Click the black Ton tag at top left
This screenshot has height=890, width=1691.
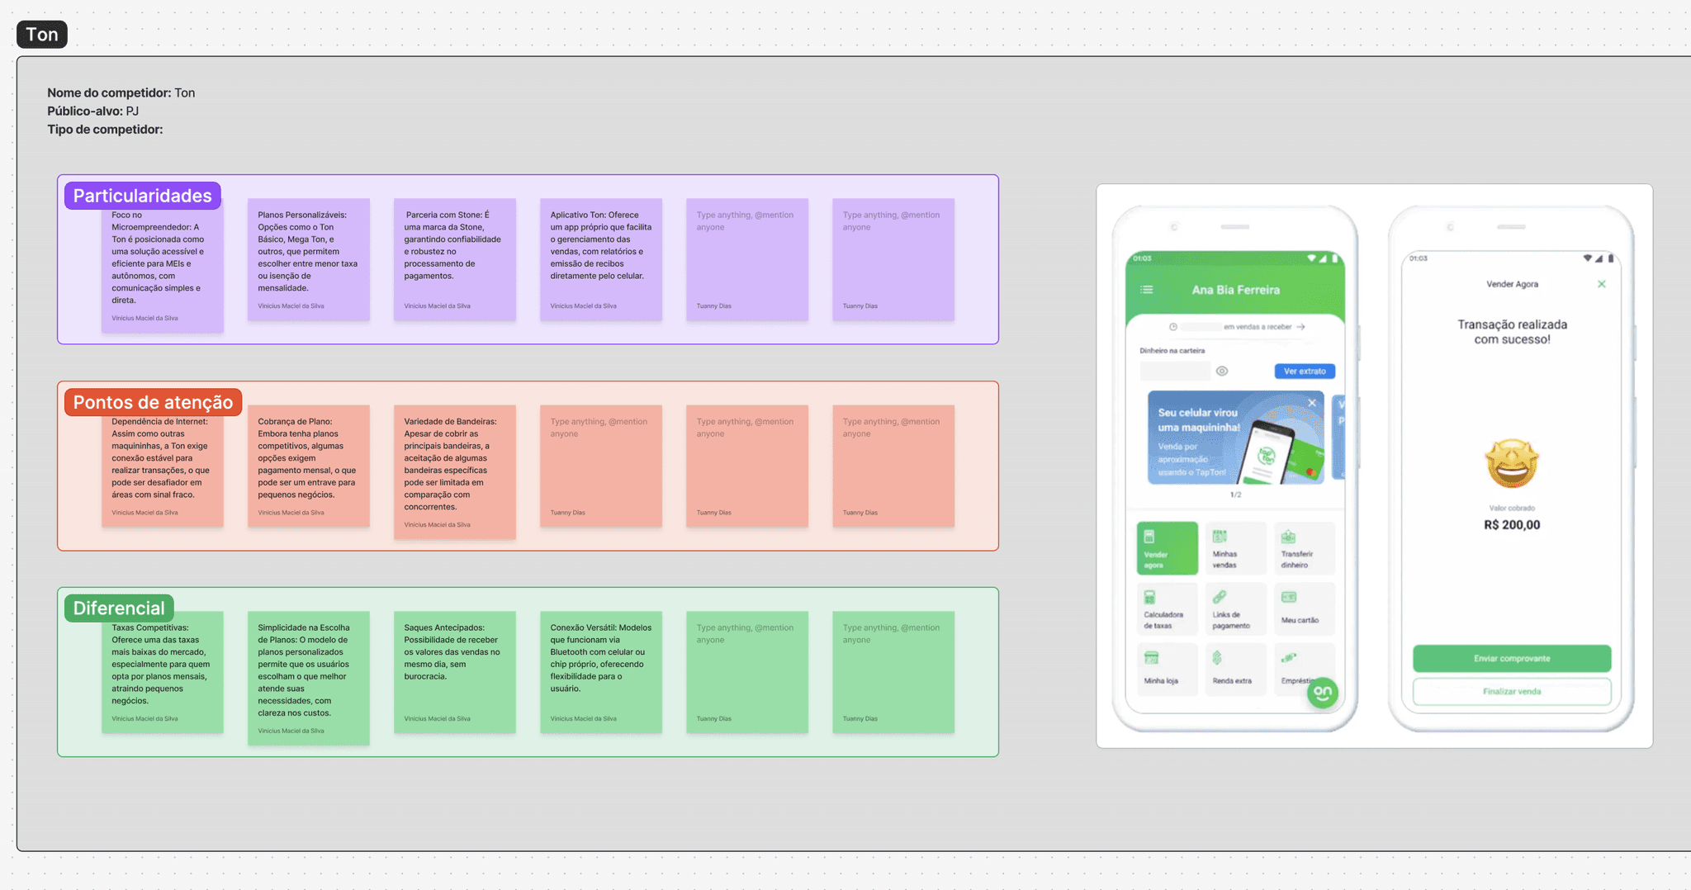click(x=42, y=35)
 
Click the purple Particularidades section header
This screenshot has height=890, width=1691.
click(x=142, y=196)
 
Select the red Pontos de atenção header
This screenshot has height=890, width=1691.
click(x=153, y=402)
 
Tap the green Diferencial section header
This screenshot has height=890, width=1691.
click(x=119, y=608)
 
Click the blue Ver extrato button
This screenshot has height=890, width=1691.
click(x=1304, y=372)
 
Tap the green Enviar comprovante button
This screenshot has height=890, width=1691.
click(x=1511, y=659)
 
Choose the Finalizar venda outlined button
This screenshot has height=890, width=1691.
click(x=1511, y=692)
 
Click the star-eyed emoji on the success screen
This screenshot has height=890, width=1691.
click(x=1512, y=463)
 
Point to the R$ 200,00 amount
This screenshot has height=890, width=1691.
click(x=1512, y=525)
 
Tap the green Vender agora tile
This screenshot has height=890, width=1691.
click(x=1167, y=548)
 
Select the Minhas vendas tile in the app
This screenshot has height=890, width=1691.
click(x=1234, y=548)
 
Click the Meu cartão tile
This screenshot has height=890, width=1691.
click(x=1303, y=608)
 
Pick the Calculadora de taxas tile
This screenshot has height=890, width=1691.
click(x=1166, y=608)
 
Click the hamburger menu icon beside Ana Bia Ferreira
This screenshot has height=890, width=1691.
click(x=1147, y=290)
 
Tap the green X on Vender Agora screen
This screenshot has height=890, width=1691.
click(x=1602, y=284)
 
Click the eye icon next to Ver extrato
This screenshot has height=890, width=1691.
click(x=1222, y=372)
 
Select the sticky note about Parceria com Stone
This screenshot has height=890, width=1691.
click(x=455, y=259)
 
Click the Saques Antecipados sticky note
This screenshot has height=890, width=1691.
click(x=455, y=672)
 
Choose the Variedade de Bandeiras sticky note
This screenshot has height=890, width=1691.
click(x=455, y=471)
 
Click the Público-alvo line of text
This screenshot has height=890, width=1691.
click(x=92, y=111)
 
